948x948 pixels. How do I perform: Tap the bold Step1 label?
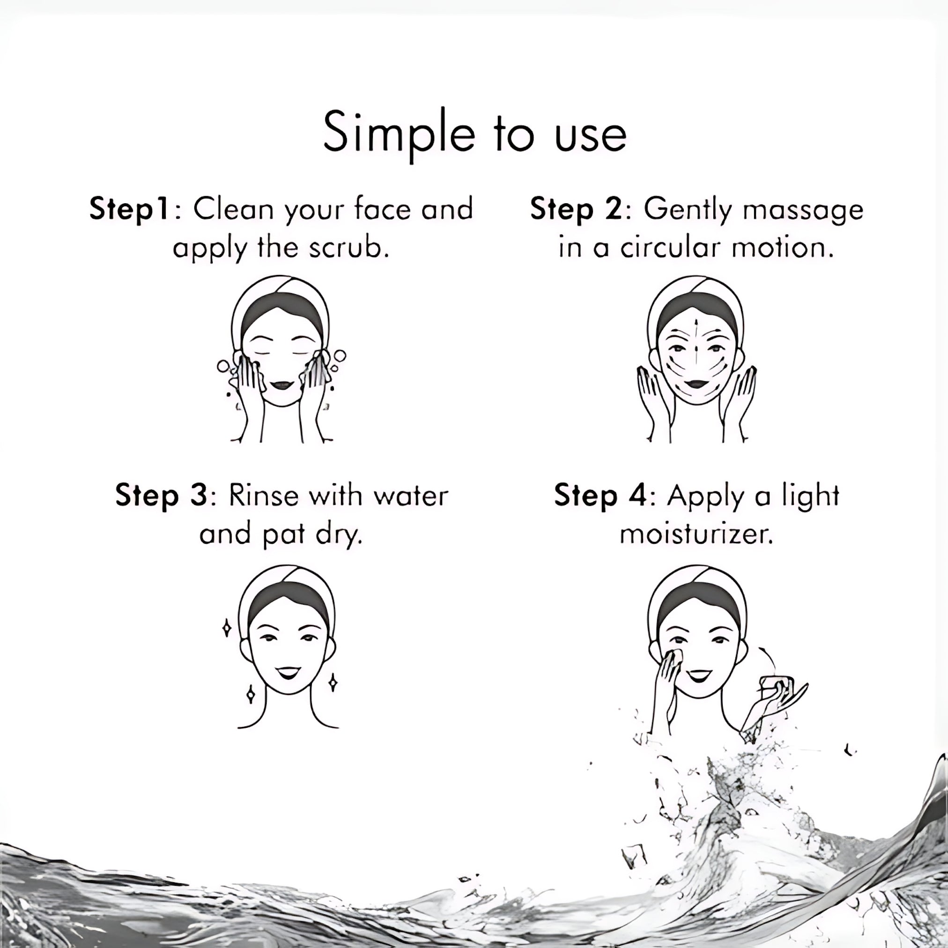[130, 209]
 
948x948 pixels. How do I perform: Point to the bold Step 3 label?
[162, 496]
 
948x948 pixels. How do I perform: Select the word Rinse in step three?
[264, 496]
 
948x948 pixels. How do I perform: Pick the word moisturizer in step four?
[697, 534]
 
